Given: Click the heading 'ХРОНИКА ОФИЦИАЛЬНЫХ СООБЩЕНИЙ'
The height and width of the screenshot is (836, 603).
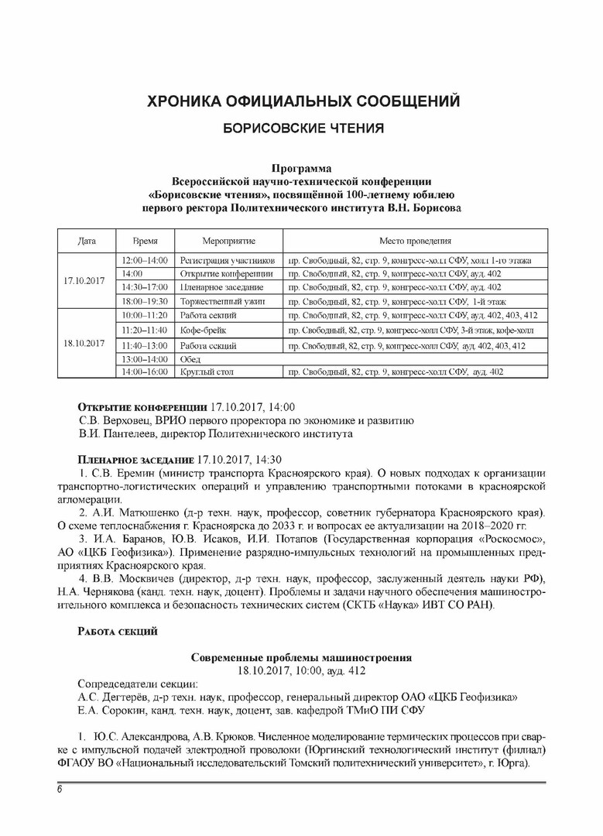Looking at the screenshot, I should tap(303, 101).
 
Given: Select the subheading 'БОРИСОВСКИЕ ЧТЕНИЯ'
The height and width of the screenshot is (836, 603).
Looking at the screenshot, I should tap(303, 127).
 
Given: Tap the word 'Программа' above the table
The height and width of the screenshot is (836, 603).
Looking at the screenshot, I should tap(302, 168).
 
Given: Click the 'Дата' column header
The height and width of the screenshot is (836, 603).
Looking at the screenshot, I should tap(87, 242).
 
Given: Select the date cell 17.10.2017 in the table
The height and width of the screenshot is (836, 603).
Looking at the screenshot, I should tap(84, 280).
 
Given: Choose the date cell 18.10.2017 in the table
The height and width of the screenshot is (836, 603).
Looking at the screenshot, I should tap(84, 344).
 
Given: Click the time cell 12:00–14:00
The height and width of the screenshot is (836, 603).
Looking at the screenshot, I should tap(144, 259).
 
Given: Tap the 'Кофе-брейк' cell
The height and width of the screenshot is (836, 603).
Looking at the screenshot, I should tap(200, 330).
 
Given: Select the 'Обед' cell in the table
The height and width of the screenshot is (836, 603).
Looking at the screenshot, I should tap(190, 359).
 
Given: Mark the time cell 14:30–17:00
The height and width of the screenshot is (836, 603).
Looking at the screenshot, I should tap(144, 287).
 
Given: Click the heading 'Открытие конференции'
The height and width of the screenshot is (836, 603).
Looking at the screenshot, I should tap(142, 406).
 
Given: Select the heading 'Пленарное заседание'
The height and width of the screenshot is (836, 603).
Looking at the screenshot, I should tap(137, 459).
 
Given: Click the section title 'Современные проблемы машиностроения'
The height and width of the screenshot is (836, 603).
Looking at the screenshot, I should tap(302, 657).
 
